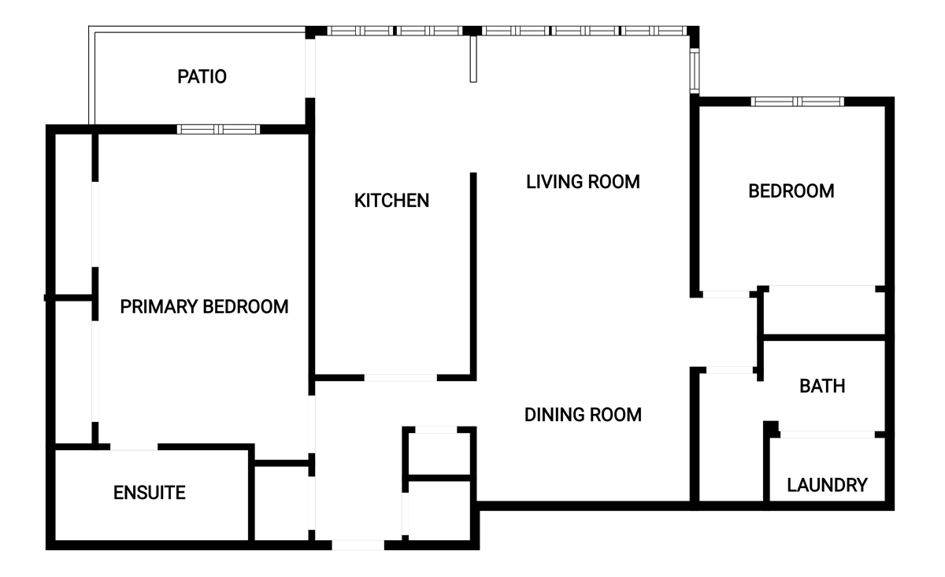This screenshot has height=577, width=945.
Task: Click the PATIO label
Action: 202,77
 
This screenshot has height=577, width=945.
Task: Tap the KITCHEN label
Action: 391,201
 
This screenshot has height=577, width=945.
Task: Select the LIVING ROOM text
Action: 583,182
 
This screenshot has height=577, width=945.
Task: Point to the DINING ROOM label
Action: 583,415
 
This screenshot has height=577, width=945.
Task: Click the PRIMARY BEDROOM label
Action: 204,307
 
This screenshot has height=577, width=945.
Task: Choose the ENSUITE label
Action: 150,493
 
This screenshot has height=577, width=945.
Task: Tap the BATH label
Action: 822,386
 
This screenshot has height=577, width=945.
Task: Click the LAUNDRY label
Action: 828,485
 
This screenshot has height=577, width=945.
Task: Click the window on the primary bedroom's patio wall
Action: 218,129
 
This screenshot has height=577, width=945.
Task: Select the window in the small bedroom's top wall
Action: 797,102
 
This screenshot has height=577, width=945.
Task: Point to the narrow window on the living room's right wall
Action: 695,70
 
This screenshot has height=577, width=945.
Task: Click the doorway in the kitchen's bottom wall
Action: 400,378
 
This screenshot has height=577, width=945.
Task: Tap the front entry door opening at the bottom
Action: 358,545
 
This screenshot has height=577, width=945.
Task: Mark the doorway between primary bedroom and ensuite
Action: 134,446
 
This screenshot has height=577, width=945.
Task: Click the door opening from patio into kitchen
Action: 310,68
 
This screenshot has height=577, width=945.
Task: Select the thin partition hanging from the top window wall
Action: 473,59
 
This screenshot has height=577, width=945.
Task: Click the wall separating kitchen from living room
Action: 473,276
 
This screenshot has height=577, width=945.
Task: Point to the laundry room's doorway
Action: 827,435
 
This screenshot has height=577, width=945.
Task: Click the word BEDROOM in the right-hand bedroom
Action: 791,191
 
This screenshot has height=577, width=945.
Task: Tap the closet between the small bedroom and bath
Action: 825,313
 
